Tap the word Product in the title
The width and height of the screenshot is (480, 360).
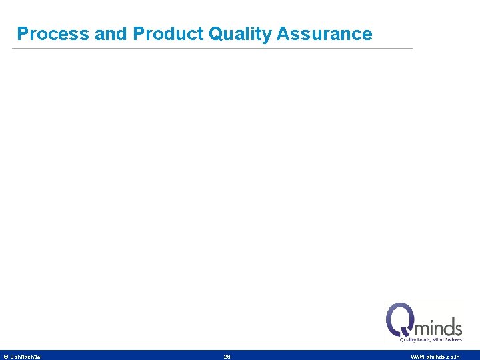click(x=169, y=34)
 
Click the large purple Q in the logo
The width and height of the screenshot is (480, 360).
click(x=399, y=319)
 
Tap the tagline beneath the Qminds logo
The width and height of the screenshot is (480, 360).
click(x=430, y=340)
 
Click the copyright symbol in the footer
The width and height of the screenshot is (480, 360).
click(x=6, y=357)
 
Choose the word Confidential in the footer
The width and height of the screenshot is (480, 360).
click(x=26, y=357)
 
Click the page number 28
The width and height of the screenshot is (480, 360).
click(x=227, y=357)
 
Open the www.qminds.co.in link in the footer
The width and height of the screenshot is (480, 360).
click(x=435, y=357)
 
